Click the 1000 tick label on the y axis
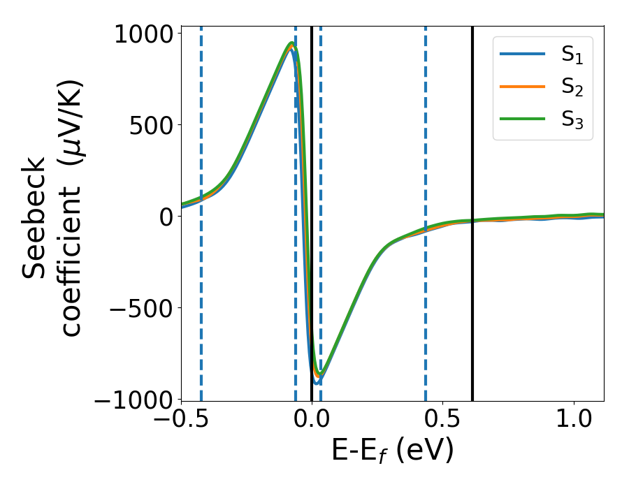144,34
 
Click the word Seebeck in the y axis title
35,217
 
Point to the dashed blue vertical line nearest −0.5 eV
201,314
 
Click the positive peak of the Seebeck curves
291,44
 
